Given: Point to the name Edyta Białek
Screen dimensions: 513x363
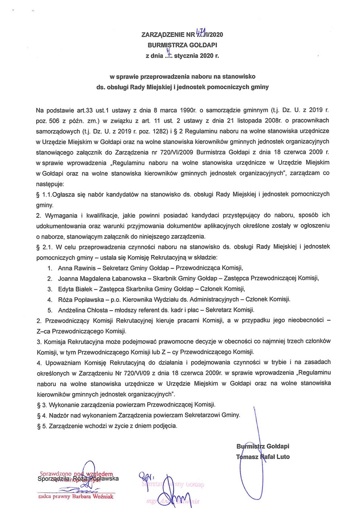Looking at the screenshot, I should pyautogui.click(x=75, y=288).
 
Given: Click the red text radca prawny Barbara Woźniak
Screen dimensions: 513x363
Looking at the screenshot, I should pyautogui.click(x=75, y=497).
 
